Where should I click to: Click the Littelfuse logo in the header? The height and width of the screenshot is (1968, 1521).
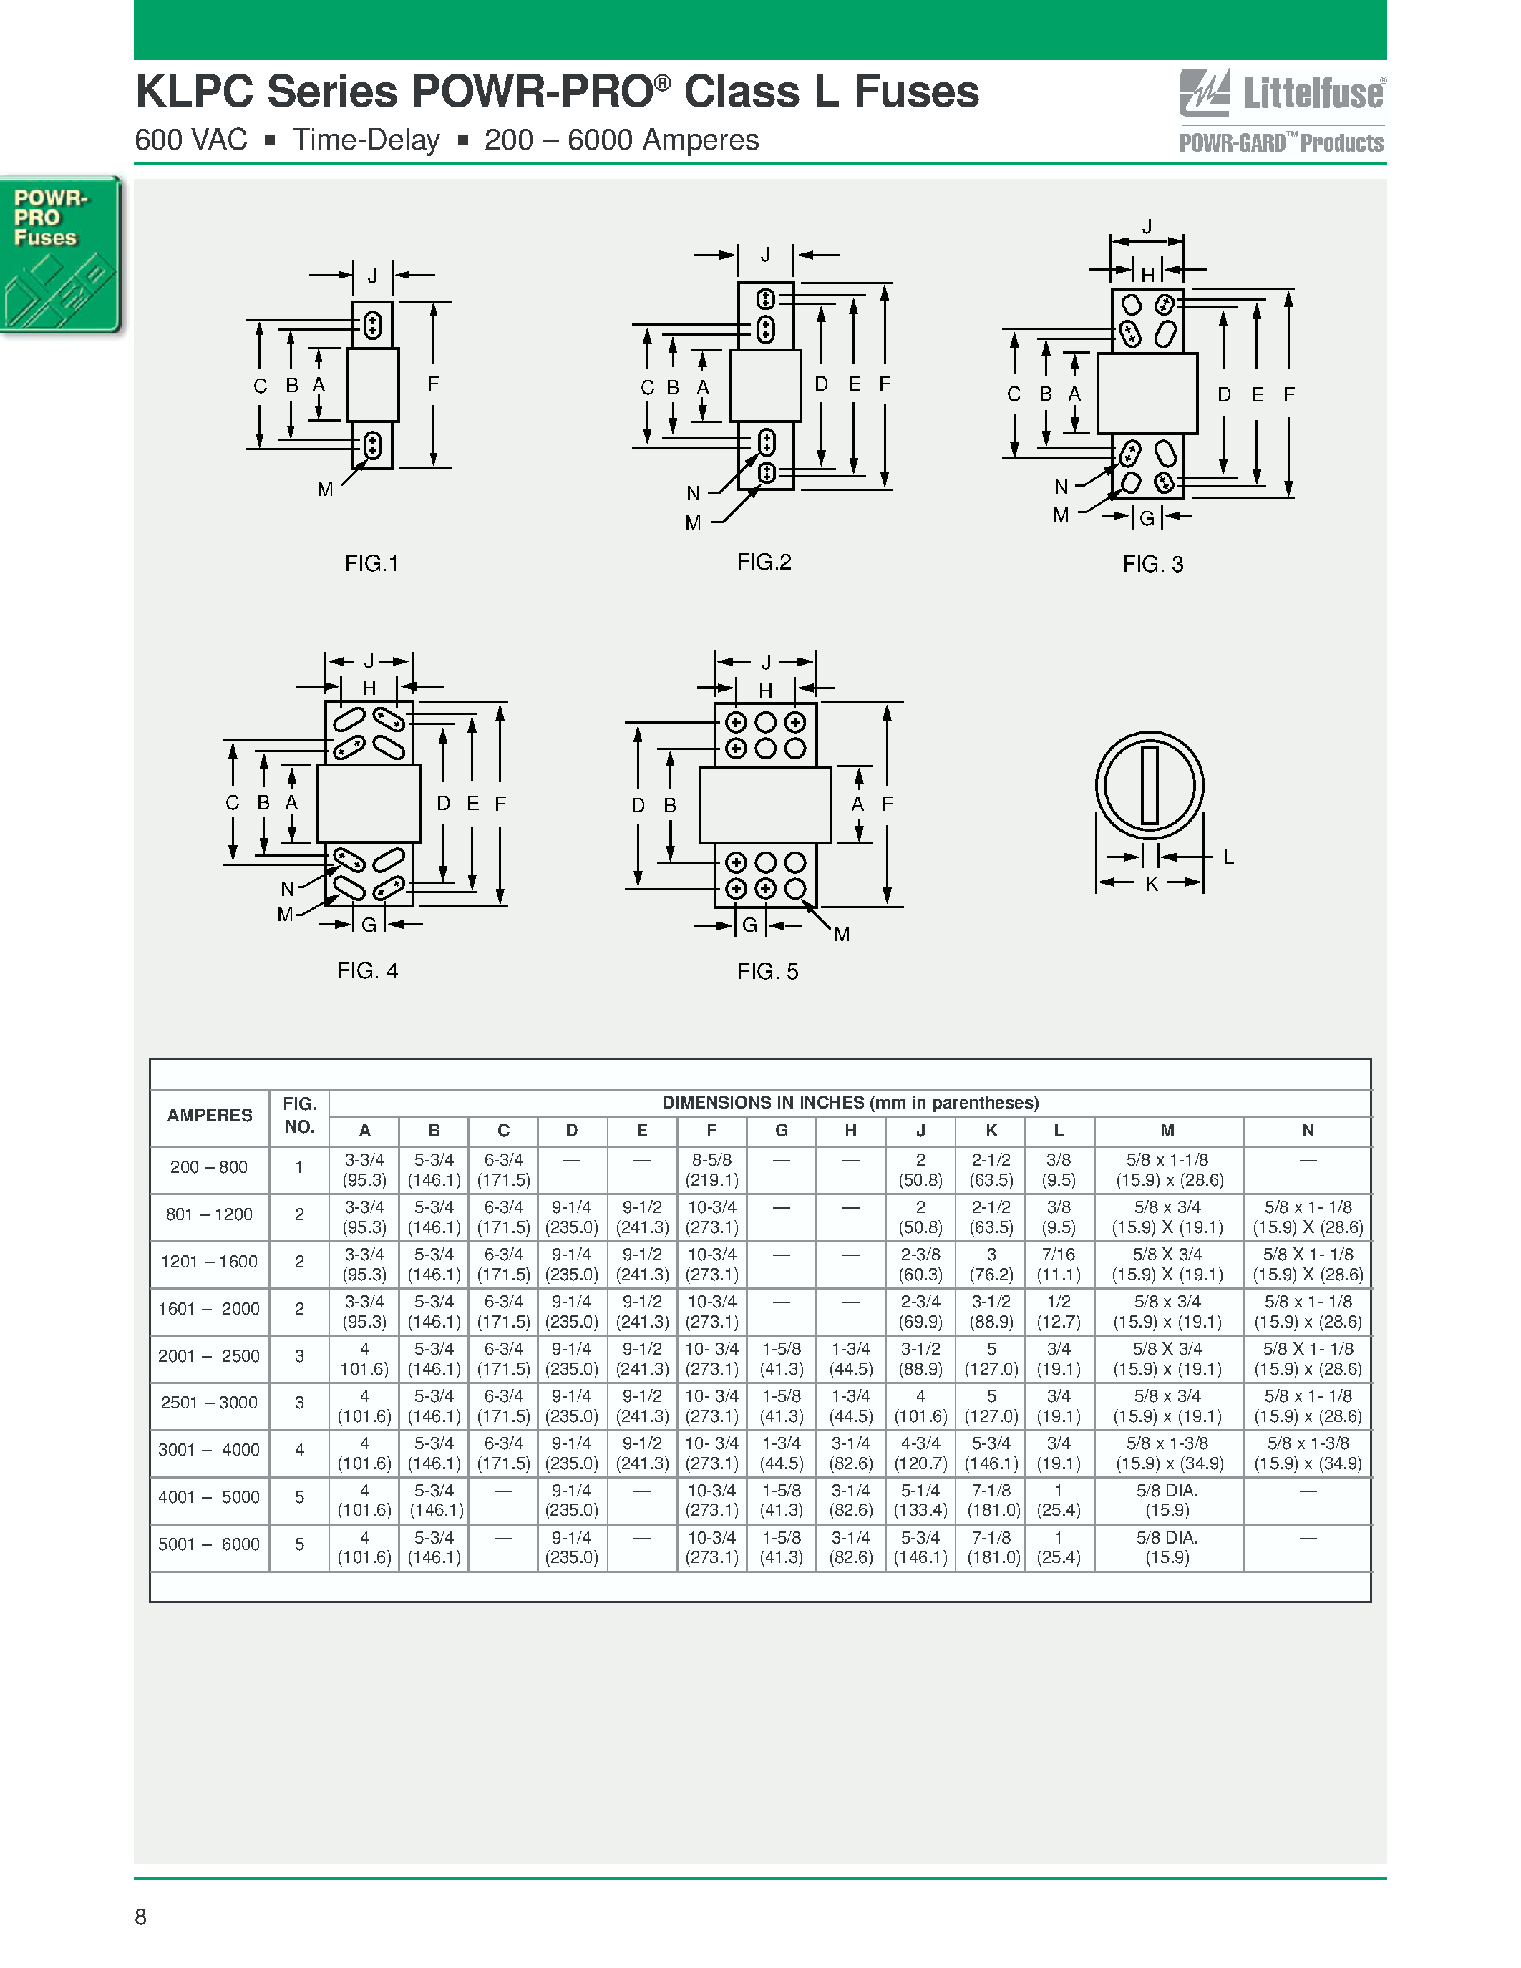1281,94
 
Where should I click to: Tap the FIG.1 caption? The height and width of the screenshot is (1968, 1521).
371,563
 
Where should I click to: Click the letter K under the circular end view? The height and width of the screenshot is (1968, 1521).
1151,885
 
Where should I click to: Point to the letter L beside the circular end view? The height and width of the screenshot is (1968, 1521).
1228,857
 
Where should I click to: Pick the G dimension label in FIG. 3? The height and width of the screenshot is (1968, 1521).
1147,518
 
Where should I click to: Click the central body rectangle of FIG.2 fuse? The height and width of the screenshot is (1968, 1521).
765,385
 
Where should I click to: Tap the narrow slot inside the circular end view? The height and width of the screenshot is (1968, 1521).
1150,786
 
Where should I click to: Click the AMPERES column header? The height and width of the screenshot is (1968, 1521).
209,1116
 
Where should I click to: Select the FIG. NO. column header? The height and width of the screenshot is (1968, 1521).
299,1116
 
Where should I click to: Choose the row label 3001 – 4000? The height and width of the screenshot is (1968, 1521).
209,1450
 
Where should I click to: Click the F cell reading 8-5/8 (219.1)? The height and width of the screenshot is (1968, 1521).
712,1169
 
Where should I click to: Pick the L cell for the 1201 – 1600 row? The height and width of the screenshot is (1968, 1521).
1059,1265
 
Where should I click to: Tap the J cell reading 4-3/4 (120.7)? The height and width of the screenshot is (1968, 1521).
920,1453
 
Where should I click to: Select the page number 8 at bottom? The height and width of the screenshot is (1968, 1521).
140,1916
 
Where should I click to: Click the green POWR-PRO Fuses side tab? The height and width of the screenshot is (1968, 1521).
59,255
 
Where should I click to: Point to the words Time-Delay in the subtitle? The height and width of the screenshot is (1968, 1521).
366,140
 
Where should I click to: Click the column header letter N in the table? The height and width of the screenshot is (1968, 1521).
1308,1130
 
